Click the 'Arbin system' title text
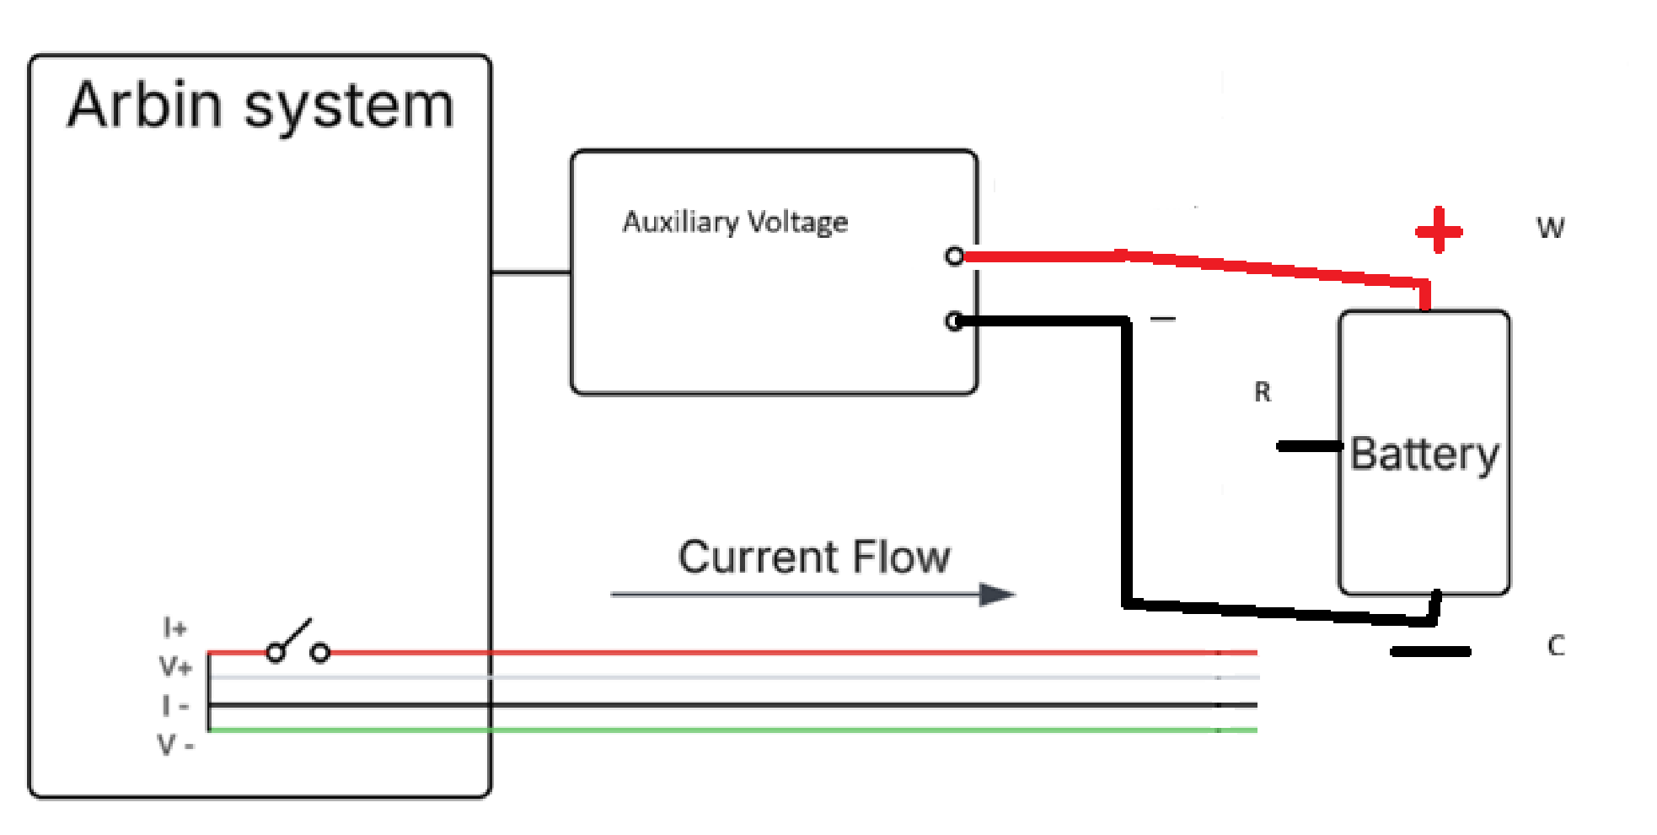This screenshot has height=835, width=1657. [260, 107]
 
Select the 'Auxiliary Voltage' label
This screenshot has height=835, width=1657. [735, 222]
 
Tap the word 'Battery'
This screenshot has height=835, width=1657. [1424, 454]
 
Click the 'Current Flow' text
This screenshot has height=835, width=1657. [814, 558]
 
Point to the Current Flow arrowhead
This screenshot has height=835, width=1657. [999, 595]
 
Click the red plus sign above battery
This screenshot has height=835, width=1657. [1439, 230]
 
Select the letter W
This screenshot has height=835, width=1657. [1550, 228]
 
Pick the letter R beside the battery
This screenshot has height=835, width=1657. [1262, 392]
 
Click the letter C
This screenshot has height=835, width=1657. [1556, 646]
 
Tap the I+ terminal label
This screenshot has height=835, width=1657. [174, 628]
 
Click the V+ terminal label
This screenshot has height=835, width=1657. [175, 667]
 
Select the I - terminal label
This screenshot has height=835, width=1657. [175, 706]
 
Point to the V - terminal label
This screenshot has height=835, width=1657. [175, 745]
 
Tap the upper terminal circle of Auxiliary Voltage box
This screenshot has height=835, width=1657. [954, 256]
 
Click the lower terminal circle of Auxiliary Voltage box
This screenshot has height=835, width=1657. [954, 321]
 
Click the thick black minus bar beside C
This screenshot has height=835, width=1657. [1430, 651]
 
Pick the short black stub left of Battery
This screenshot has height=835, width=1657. [1309, 446]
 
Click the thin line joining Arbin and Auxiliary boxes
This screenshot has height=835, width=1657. [531, 272]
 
